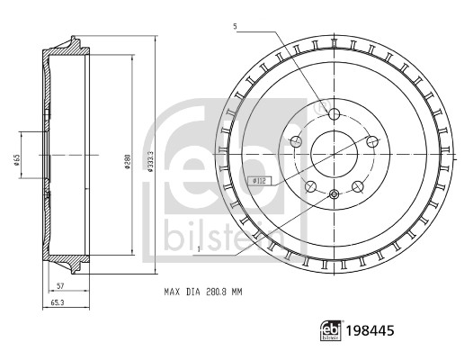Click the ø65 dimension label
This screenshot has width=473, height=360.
(17, 161)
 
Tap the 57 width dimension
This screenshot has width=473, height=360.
(58, 285)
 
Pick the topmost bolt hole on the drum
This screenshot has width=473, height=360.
(333, 114)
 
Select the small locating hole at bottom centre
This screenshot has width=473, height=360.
(333, 195)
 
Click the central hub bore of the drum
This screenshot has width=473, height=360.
(333, 153)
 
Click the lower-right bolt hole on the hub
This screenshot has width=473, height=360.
(357, 186)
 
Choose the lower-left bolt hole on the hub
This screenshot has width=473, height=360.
(309, 186)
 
